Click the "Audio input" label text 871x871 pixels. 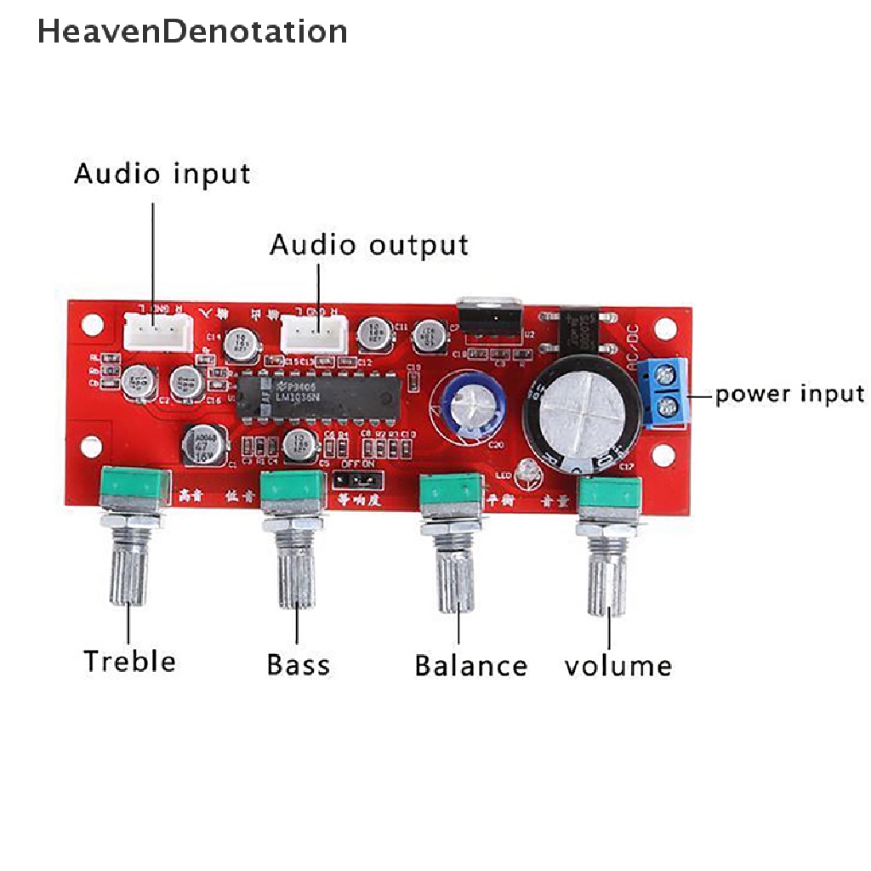pos(162,174)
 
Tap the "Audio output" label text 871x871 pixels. pos(368,246)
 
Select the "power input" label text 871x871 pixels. pos(788,394)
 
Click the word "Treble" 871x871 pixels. pos(129,661)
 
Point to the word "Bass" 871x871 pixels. pos(298,663)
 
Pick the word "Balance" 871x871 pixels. pos(470,665)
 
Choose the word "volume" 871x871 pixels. pos(618,665)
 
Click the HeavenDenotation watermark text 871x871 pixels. pos(192,31)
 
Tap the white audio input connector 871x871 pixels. pos(155,328)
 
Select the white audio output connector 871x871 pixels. pos(314,333)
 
